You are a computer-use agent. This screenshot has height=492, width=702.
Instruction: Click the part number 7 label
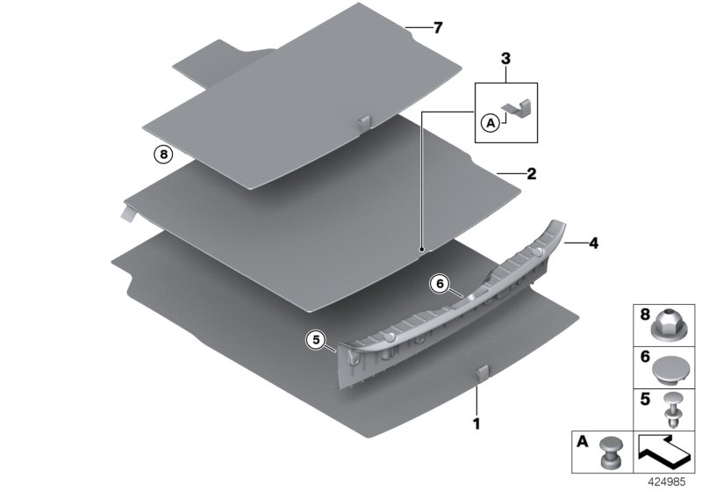437,27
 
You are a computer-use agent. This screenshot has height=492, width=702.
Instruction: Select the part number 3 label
505,59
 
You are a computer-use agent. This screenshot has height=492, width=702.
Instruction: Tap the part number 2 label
531,174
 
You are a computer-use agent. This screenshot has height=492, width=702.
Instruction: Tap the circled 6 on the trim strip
441,284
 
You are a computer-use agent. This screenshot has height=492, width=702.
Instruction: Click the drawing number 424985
674,482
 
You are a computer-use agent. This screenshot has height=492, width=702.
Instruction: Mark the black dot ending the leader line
421,250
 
